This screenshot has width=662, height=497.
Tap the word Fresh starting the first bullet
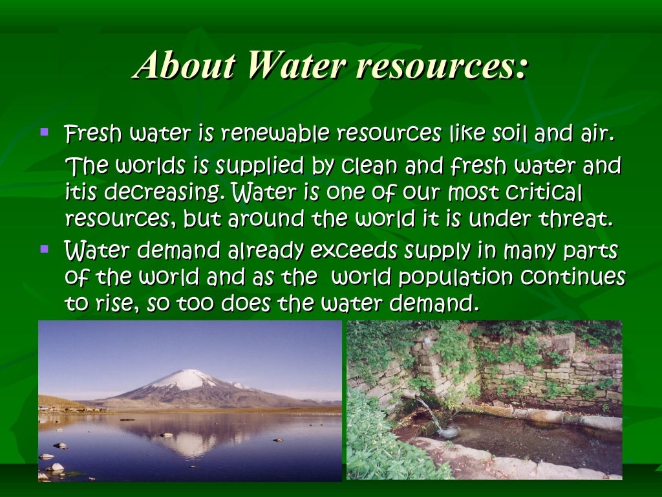(x=93, y=135)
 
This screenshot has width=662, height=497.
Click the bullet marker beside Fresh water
(x=44, y=133)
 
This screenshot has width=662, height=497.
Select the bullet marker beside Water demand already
(x=44, y=248)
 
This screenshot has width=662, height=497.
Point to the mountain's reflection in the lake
(x=191, y=443)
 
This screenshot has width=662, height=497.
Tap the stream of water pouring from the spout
(x=431, y=414)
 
